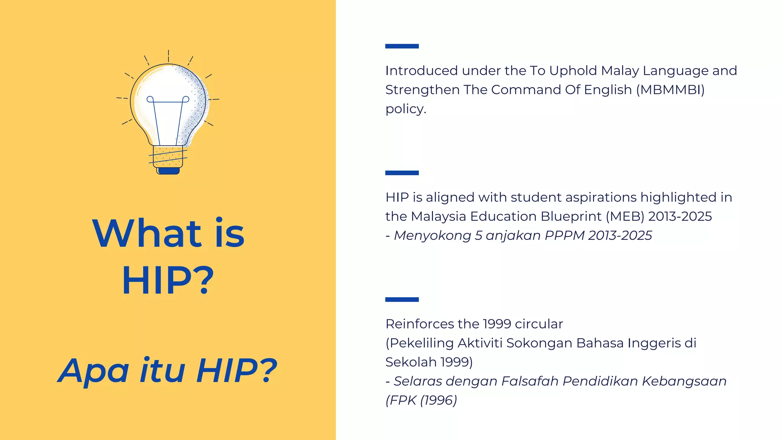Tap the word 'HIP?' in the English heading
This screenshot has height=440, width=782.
[x=168, y=281]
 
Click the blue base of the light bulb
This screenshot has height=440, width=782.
[x=168, y=171]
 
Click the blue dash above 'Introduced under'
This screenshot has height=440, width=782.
[x=402, y=46]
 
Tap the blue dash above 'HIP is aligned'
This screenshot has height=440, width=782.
[x=402, y=173]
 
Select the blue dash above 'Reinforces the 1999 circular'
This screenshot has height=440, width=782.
[x=402, y=299]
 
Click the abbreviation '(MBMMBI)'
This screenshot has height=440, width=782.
[x=670, y=90]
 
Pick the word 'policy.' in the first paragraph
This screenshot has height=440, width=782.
[x=406, y=109]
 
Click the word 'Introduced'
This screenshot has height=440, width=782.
[x=421, y=71]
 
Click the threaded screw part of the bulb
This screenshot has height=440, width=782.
[x=168, y=157]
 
